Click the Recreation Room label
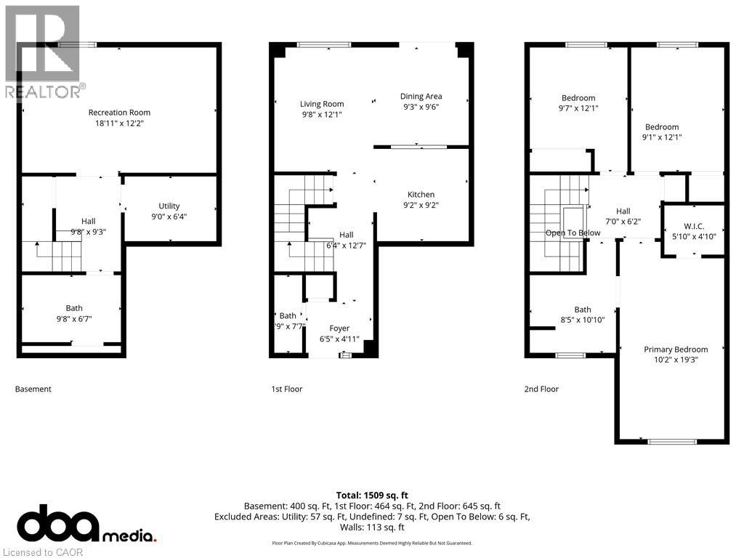coord(119,113)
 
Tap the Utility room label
coord(169,206)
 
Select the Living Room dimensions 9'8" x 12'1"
coord(322,115)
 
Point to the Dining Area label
coord(421,97)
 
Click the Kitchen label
coord(421,195)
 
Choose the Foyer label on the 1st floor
coord(339,328)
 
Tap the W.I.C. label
coord(694,227)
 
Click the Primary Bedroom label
coord(676,349)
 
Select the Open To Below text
coord(573,233)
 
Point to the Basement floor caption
coord(33,389)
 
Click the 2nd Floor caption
coord(541,389)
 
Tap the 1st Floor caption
coord(286,389)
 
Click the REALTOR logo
coord(42,51)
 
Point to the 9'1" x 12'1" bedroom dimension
coord(661,137)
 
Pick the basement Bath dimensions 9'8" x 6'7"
coord(73,319)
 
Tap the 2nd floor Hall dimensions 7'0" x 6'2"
coord(623,222)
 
